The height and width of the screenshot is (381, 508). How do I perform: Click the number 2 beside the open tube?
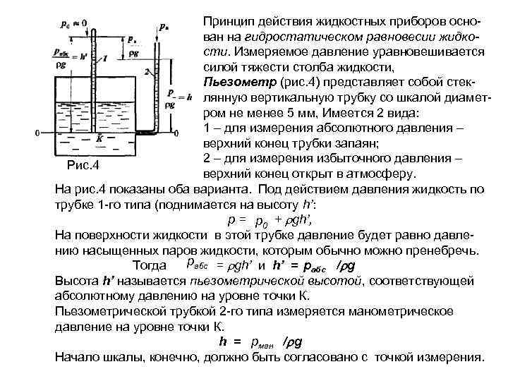pos(145,71)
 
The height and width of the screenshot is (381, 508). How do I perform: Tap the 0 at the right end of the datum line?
pos(182,132)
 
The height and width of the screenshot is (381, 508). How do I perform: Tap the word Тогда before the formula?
pos(151,266)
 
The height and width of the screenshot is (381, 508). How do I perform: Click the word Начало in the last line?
pos(76,357)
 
